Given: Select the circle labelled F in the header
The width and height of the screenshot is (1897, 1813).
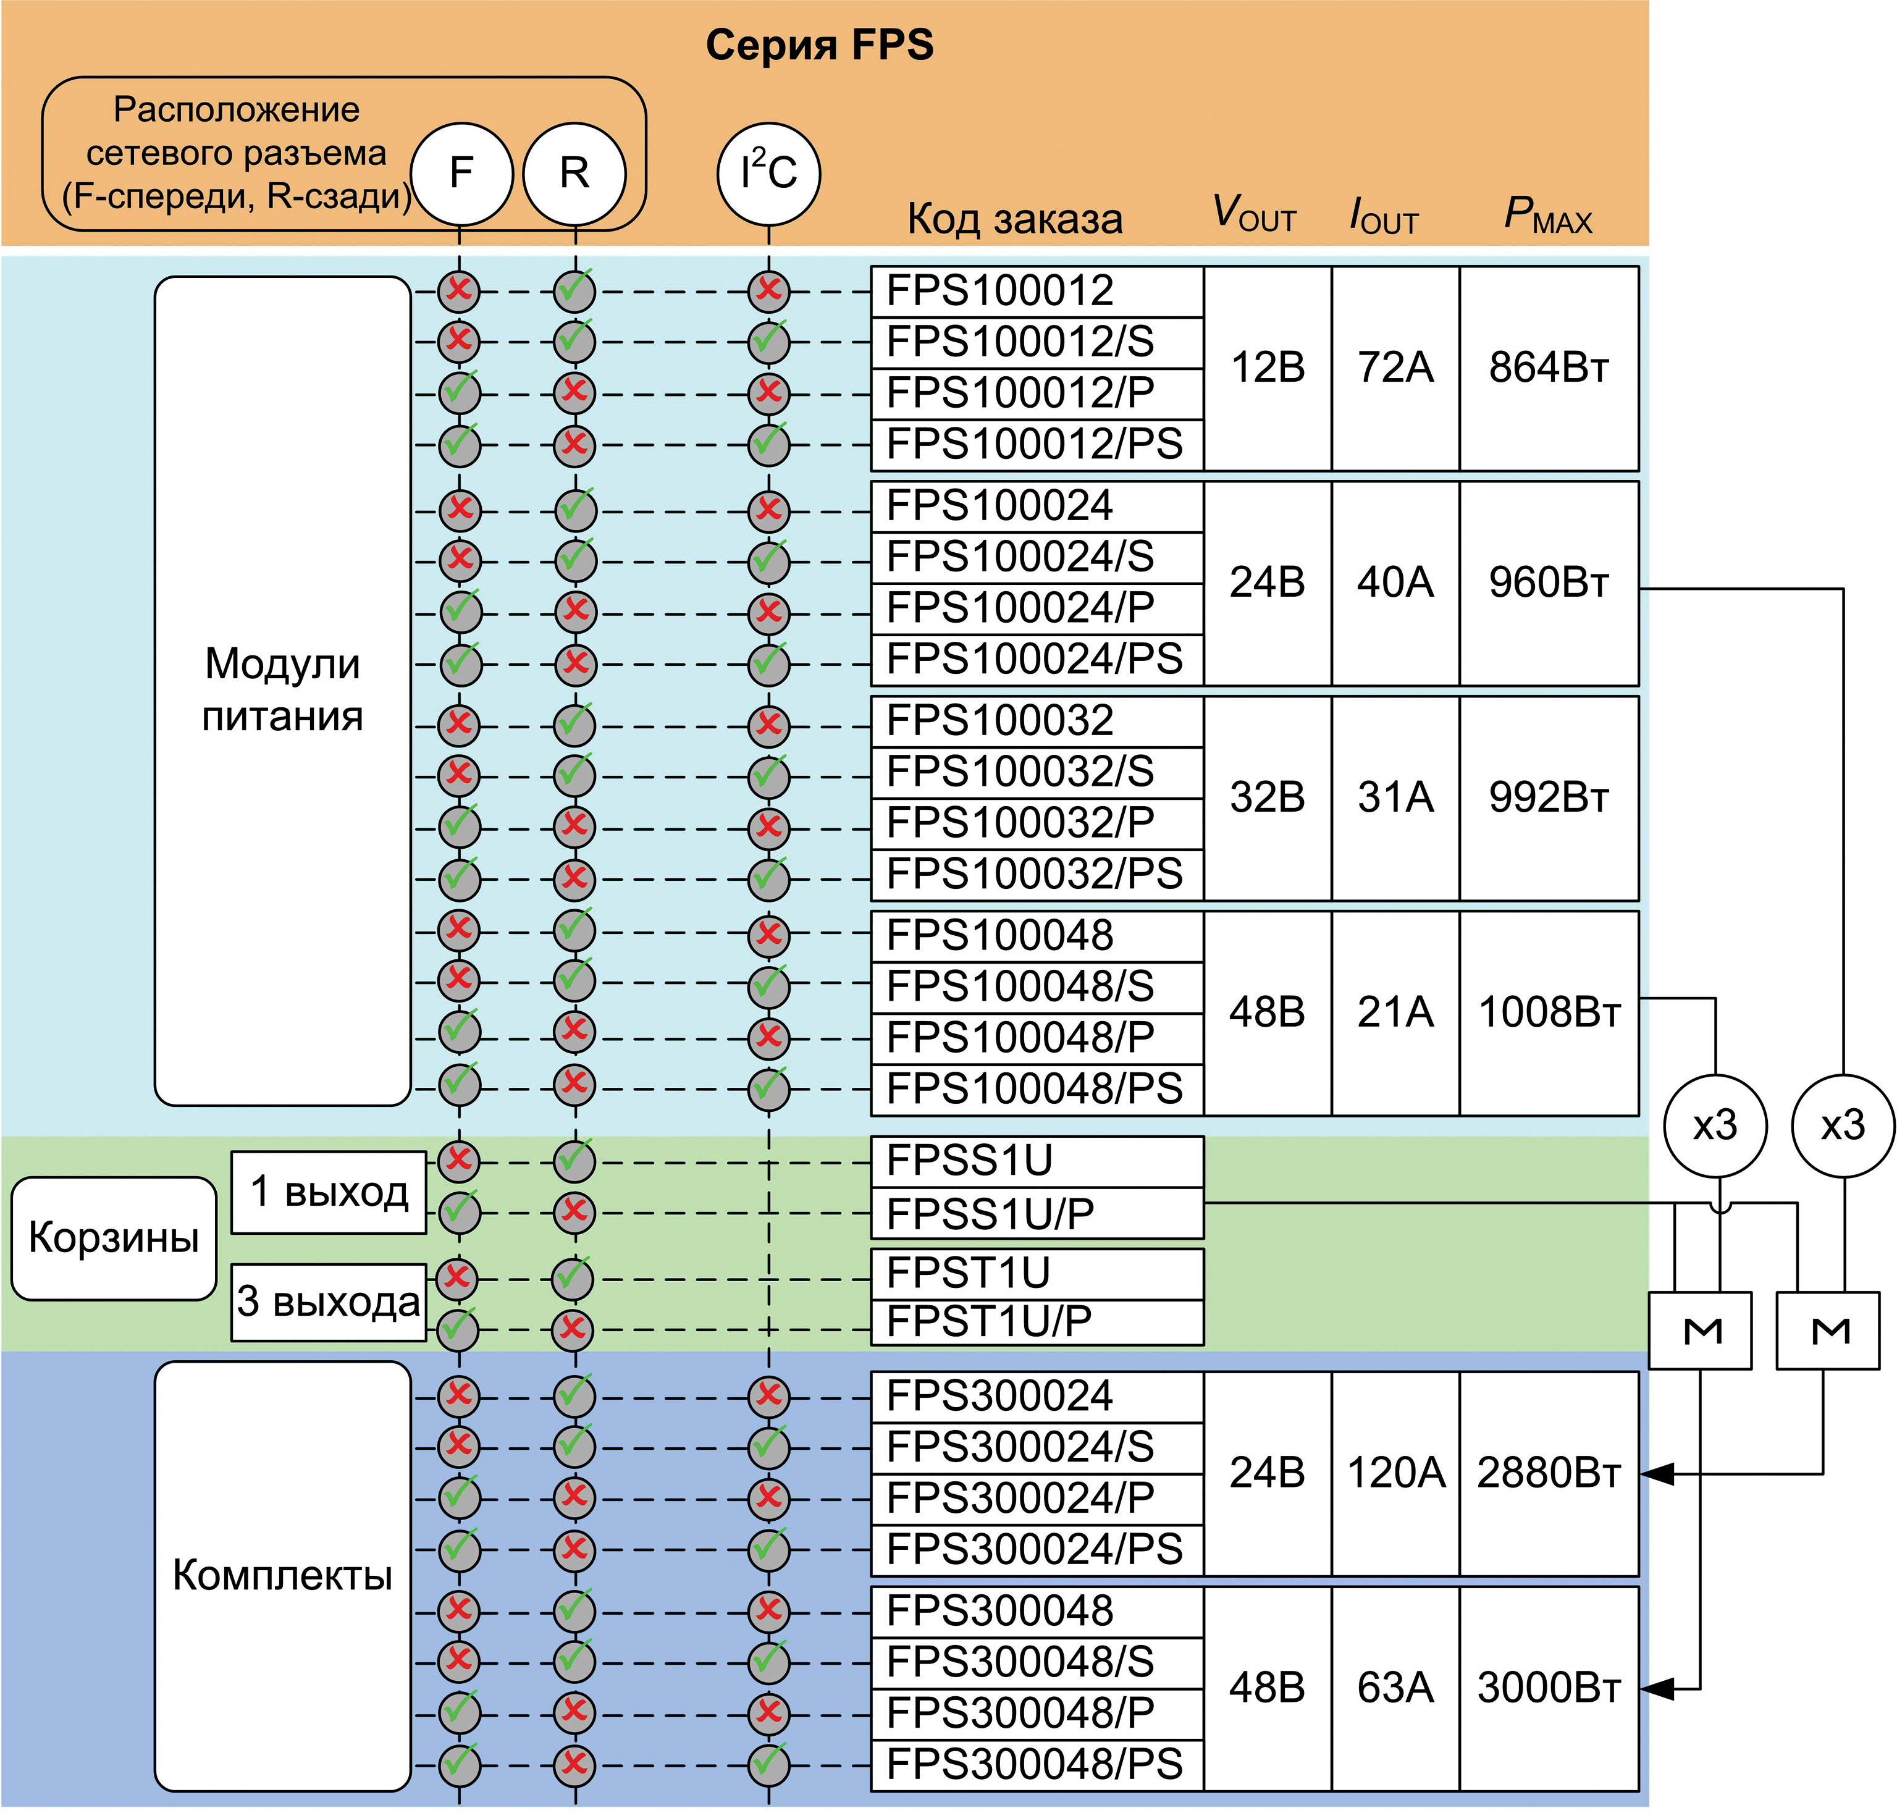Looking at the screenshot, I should coord(461,174).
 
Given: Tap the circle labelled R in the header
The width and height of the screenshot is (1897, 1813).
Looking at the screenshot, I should coord(574,174).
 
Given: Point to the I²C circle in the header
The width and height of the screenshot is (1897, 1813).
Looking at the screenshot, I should coord(768,174).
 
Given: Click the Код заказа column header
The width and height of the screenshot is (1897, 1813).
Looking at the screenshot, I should coord(1015,219).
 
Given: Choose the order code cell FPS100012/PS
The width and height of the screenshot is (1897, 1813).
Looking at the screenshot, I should coord(1036,445).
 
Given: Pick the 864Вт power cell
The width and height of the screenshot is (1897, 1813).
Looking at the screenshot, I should coord(1548,368).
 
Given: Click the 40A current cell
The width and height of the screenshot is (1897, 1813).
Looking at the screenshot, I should coord(1394,583).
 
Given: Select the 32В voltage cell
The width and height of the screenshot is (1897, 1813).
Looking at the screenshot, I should coord(1267,798).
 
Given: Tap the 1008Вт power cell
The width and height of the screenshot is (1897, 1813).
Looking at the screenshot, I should coord(1548,1013).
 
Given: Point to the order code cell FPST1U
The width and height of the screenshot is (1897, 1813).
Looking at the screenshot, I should coord(1036,1274).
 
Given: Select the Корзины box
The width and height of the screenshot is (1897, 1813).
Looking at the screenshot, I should coord(113,1238).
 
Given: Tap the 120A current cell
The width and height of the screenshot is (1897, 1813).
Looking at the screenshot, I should coord(1394,1474).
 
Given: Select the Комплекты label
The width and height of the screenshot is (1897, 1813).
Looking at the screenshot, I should coord(282,1576).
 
